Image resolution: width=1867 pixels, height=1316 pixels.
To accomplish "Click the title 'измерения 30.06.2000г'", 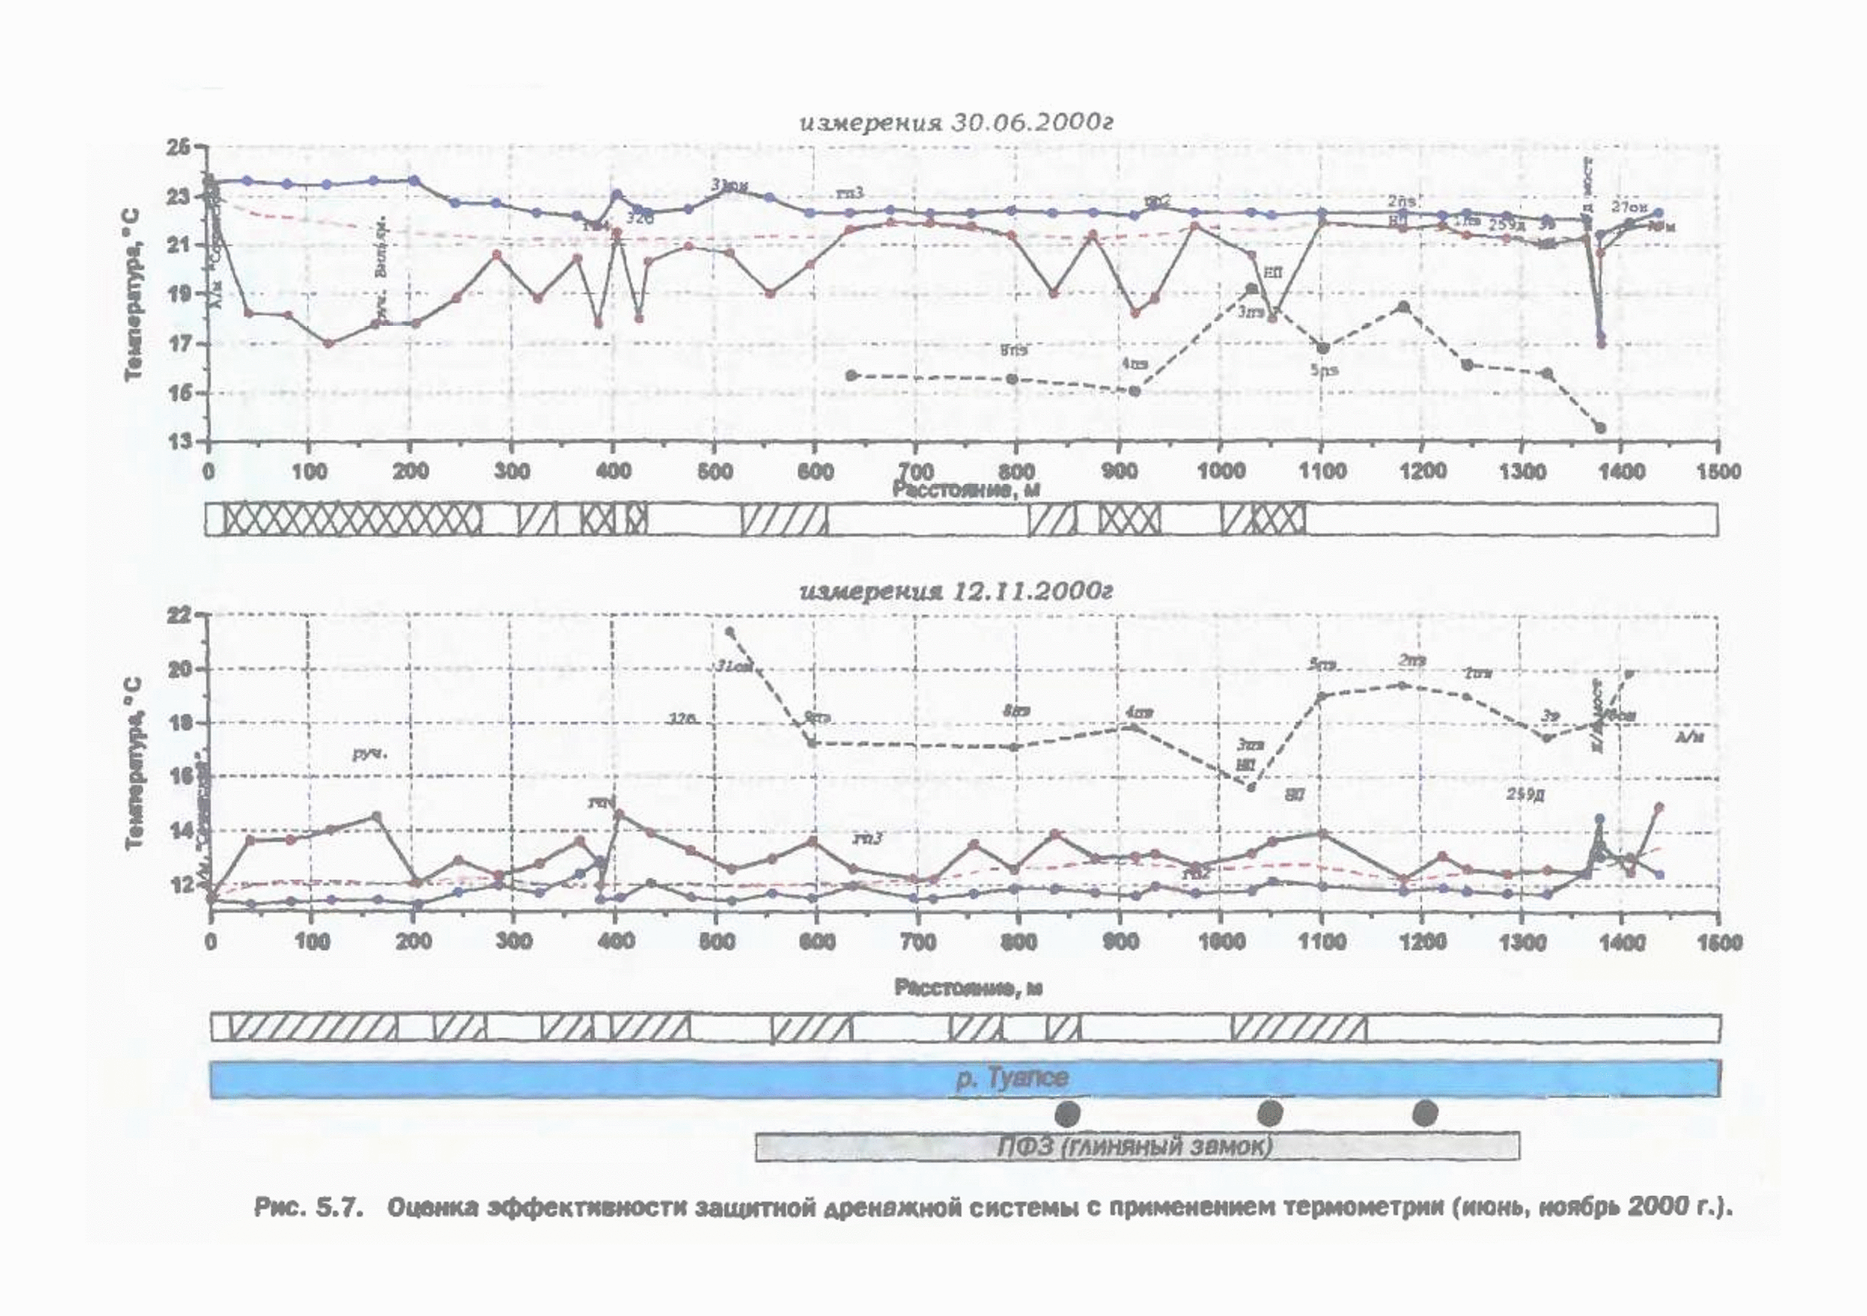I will pos(955,123).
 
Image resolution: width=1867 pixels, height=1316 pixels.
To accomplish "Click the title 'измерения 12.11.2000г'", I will pos(955,591).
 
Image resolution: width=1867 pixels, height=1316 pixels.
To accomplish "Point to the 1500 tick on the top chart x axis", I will pos(1717,472).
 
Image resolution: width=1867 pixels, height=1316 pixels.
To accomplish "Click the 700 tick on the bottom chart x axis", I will pos(918,942).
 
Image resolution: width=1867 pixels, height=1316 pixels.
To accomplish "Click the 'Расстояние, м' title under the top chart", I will pos(966,488).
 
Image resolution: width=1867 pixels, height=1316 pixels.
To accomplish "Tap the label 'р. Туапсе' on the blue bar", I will pos(1011,1079).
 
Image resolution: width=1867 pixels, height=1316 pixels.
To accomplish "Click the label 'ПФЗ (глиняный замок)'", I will pos(1135,1146).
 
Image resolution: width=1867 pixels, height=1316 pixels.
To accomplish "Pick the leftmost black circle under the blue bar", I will pos(1067,1113).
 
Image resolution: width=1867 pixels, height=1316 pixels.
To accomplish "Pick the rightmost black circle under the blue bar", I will pos(1424,1113).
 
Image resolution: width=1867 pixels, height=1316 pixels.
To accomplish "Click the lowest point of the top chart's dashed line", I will pos(1601,427).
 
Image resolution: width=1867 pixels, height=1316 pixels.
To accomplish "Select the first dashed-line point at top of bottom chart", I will pos(729,631).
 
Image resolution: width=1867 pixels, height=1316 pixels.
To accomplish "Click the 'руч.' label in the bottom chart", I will pos(370,753).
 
